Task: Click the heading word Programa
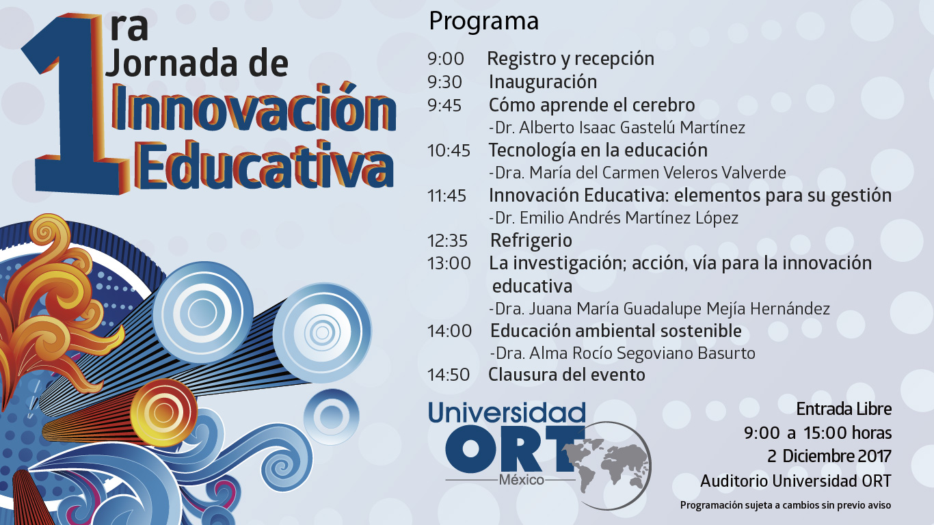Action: click(x=483, y=22)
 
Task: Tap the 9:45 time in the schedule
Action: click(x=444, y=105)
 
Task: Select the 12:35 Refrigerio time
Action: click(x=447, y=241)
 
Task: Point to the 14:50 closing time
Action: click(x=449, y=375)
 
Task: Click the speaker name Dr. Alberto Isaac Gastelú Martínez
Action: click(x=617, y=128)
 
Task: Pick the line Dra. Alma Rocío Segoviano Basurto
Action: click(x=622, y=353)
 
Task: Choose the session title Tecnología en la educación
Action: click(x=598, y=150)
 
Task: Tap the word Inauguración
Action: click(x=543, y=82)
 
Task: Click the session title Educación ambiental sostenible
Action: click(x=616, y=331)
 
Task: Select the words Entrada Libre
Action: click(x=844, y=409)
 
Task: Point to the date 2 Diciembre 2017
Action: click(x=829, y=456)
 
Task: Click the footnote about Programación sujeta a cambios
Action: click(x=786, y=505)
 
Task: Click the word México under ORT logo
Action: click(x=521, y=480)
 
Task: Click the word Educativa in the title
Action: click(x=263, y=165)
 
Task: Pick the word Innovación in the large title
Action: click(x=254, y=109)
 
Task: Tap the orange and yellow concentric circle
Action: click(x=163, y=412)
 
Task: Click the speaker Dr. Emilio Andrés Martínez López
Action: click(x=614, y=218)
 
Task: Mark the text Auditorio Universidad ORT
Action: click(x=796, y=481)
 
